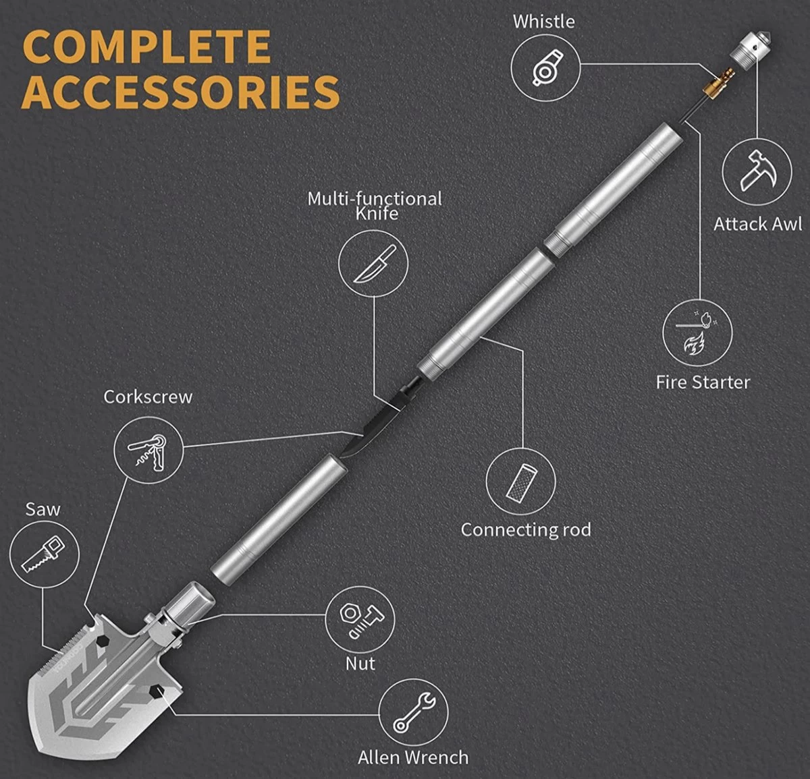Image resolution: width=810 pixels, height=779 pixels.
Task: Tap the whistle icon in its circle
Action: coord(545,68)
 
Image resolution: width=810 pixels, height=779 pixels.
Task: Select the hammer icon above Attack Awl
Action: coord(757,171)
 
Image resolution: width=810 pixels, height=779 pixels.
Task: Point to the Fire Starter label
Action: coord(703,382)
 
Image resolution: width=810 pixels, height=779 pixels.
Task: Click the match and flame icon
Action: coord(698,333)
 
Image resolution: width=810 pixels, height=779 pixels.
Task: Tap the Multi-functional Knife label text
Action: coord(375,206)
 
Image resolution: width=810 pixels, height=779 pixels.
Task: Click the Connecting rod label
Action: coord(526,530)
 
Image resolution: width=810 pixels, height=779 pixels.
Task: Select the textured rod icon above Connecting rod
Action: coord(521,482)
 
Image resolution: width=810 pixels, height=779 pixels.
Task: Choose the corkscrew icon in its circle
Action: coord(148,451)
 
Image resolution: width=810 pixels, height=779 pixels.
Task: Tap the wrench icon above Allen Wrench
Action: coord(414,713)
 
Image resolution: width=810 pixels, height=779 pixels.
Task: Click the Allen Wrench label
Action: coord(413,757)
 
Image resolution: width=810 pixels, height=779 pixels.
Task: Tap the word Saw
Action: coord(43,509)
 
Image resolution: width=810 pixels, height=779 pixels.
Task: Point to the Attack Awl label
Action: coord(757,225)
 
